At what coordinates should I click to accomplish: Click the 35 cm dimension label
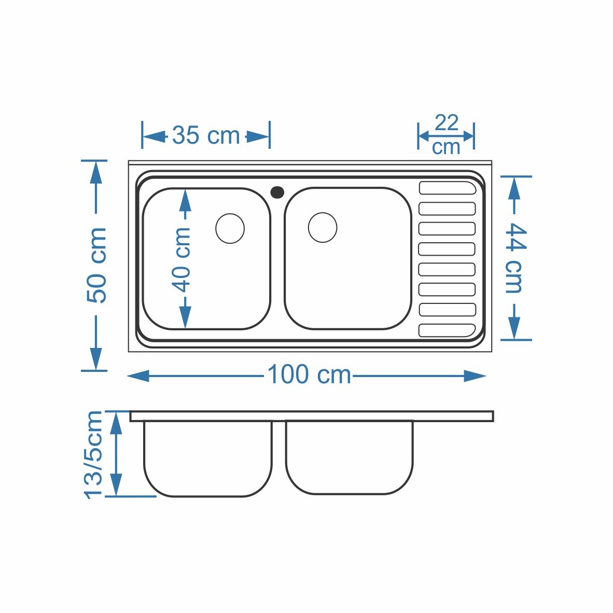pyautogui.click(x=206, y=135)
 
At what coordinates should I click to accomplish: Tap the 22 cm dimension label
pyautogui.click(x=446, y=135)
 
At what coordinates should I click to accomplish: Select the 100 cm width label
pyautogui.click(x=309, y=374)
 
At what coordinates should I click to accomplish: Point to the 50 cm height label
pyautogui.click(x=96, y=265)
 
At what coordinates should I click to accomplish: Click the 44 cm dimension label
pyautogui.click(x=516, y=258)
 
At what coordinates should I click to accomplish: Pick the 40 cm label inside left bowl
pyautogui.click(x=182, y=260)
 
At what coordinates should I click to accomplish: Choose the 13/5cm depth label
pyautogui.click(x=93, y=455)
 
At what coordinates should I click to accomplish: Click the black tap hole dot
pyautogui.click(x=277, y=192)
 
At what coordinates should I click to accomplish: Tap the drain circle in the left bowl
pyautogui.click(x=230, y=228)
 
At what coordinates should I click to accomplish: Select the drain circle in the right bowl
pyautogui.click(x=323, y=228)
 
